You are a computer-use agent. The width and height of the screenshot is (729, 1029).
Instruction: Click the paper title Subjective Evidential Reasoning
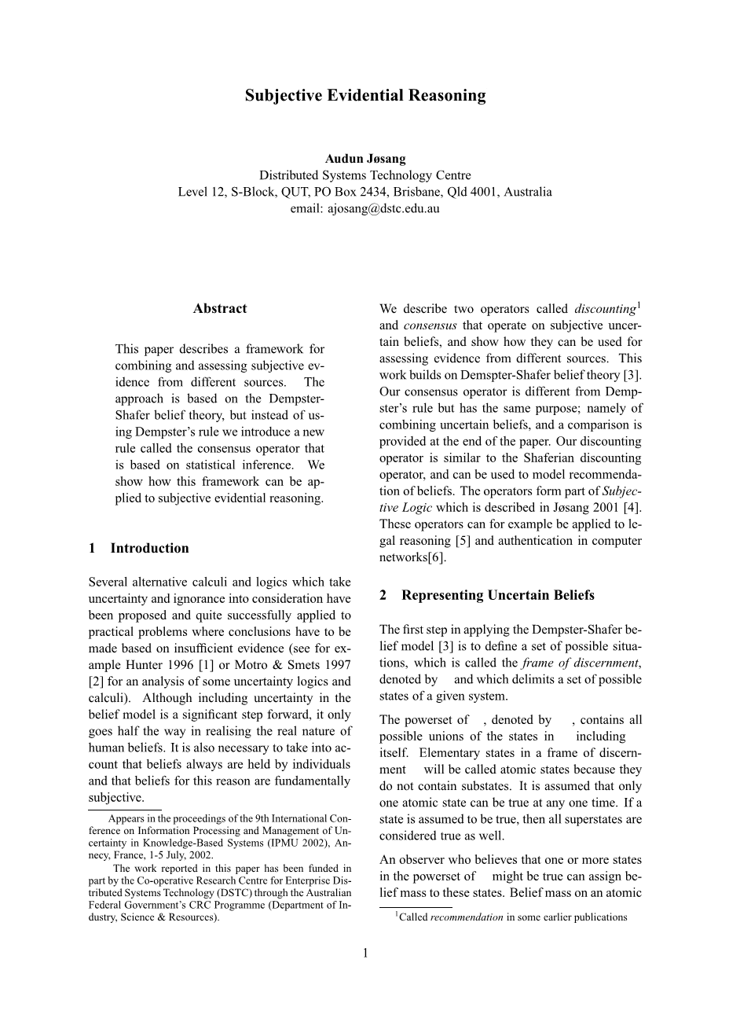(364, 96)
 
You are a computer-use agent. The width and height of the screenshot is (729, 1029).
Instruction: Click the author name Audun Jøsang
(364, 159)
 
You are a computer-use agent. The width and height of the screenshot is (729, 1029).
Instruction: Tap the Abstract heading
(220, 309)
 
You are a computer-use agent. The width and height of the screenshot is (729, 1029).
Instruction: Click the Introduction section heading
(149, 549)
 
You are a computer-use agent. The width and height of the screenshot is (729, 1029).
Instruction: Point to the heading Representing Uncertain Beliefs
(497, 595)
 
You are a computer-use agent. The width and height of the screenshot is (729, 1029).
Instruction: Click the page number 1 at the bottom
(364, 954)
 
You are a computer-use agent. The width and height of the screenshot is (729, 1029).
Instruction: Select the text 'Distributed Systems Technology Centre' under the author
(364, 175)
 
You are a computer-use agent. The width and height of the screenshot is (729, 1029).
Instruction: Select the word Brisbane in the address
(419, 192)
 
